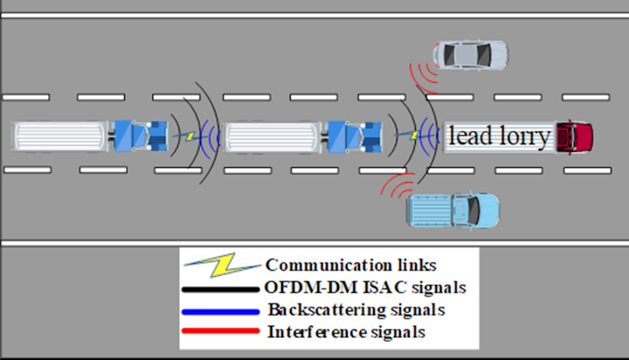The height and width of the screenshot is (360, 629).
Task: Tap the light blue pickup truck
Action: (453, 211)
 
